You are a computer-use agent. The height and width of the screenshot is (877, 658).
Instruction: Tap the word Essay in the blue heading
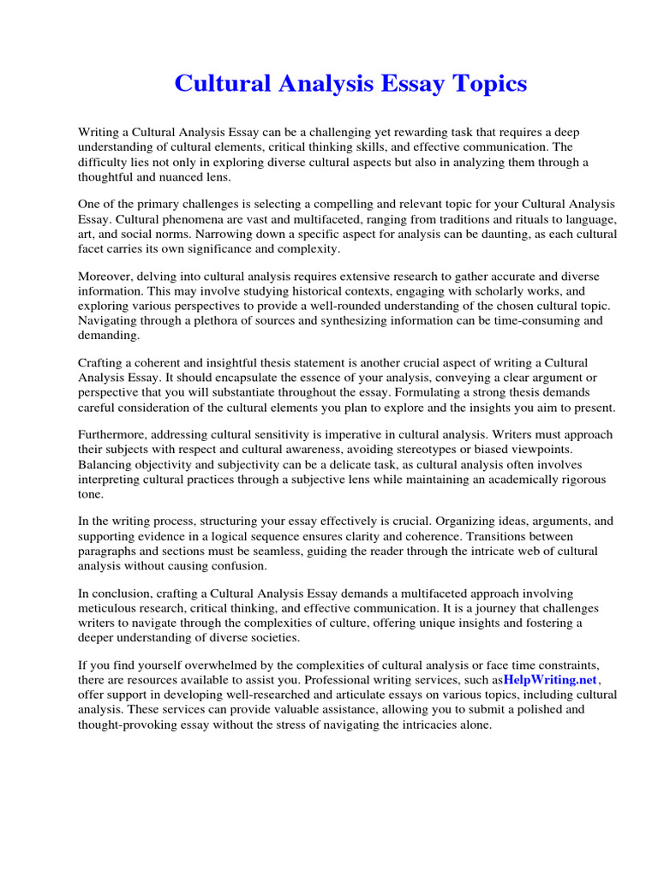click(x=401, y=84)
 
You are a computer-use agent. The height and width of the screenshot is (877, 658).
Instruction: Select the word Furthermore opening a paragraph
click(x=114, y=433)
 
